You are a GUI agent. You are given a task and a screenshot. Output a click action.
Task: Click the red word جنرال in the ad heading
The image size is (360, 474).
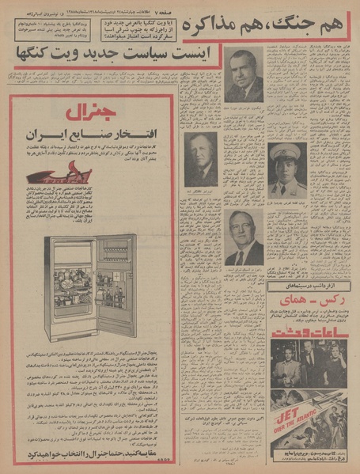(93, 112)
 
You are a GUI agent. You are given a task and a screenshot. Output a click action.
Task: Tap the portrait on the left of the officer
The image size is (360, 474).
(201, 158)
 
